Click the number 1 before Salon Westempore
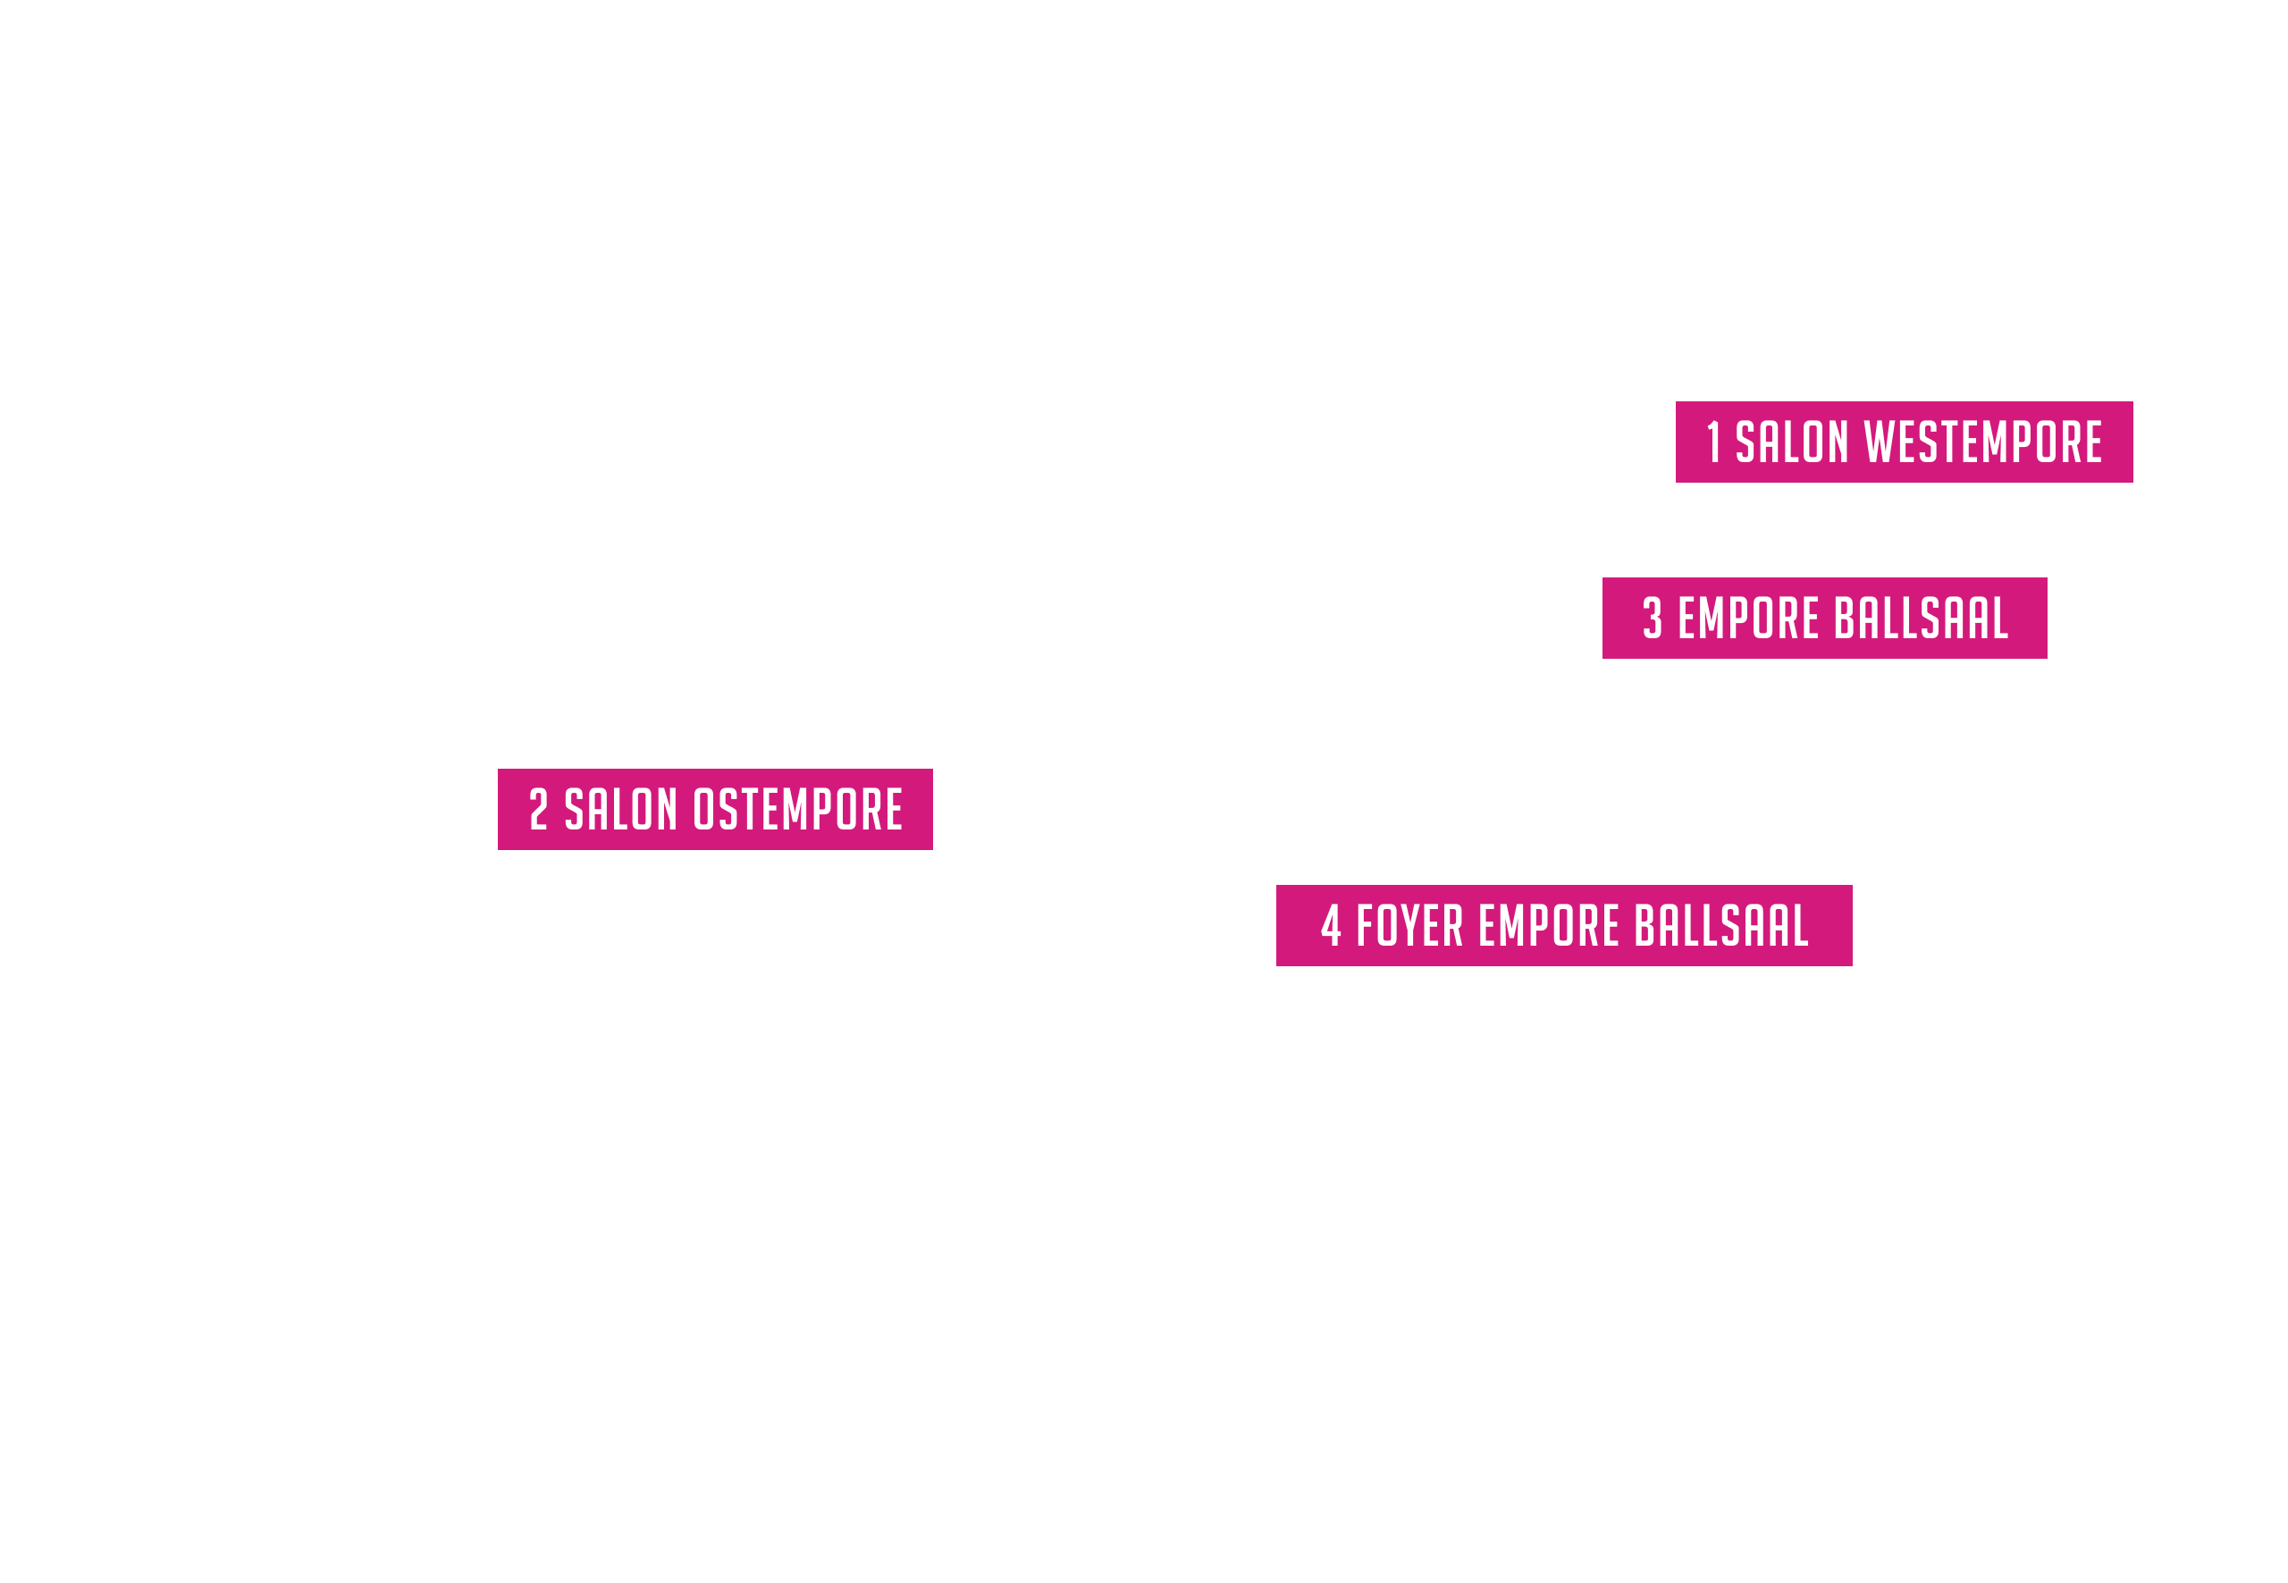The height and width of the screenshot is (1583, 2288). coord(1712,442)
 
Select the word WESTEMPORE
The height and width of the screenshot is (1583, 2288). coord(1982,442)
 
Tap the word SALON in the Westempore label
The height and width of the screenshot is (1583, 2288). coord(1791,442)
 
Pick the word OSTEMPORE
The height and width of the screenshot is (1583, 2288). coord(797,809)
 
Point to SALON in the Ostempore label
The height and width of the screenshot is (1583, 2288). coord(621,809)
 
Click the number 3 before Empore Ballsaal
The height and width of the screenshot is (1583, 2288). coord(1653,618)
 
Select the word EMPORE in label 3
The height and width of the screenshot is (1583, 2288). coord(1748,618)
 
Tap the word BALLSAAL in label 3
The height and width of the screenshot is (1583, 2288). coord(1921,618)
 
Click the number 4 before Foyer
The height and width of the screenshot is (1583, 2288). coord(1331,925)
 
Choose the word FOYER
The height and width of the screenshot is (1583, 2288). coord(1409,925)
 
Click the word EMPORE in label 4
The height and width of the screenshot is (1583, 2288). coord(1549,925)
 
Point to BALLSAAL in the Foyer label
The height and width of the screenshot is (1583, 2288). coord(1721,925)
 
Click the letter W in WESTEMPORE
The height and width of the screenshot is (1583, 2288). coord(1879,442)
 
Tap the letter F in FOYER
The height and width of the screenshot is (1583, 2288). coord(1366,925)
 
